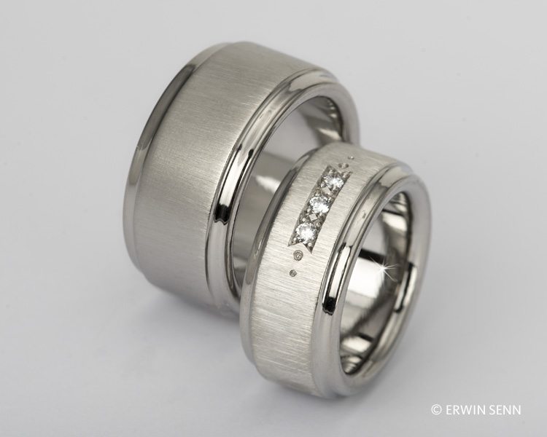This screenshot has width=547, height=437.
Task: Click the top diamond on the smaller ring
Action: tap(333, 181)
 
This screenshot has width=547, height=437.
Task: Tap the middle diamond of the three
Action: tap(319, 205)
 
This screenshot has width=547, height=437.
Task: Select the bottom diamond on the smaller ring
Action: tap(306, 230)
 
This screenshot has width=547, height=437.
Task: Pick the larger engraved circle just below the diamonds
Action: tap(298, 256)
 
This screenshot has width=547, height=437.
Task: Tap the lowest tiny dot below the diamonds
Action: tap(293, 272)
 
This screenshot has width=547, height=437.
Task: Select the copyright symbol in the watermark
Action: tap(436, 409)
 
